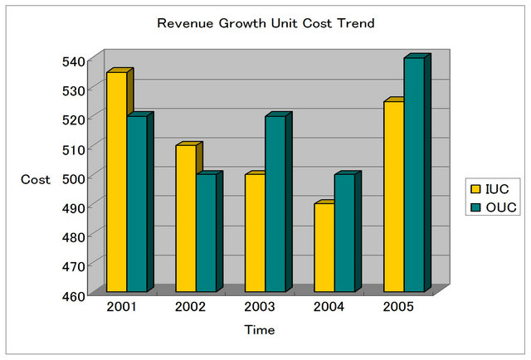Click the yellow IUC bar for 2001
pos(116,182)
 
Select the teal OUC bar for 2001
pos(136,204)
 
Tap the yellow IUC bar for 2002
pos(185,219)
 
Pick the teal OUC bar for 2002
pos(205,233)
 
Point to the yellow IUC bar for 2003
pos(254,233)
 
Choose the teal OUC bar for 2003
pos(275,204)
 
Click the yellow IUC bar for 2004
pos(323,248)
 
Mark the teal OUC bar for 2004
pos(343,233)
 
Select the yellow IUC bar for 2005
pos(392,197)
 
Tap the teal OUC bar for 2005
pos(413,175)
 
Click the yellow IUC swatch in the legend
pos(476,188)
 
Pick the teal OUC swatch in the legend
pos(476,207)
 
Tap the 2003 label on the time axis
pos(260,308)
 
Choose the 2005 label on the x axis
pos(398,308)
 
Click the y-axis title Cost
pos(36,179)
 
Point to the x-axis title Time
pos(260,330)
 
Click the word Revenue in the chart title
pos(181,23)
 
